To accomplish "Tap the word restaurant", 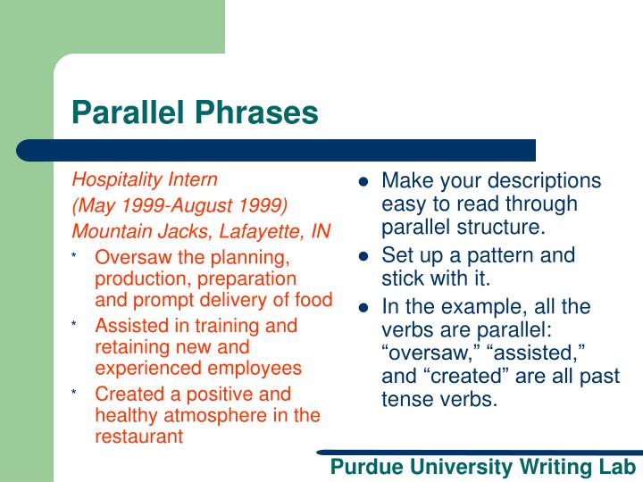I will [x=138, y=436].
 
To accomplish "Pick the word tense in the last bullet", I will [x=407, y=399].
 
